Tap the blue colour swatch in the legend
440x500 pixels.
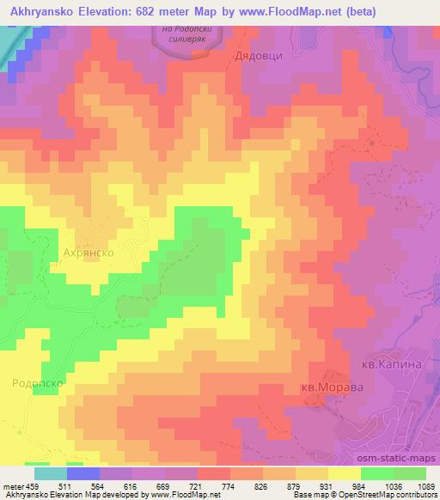83,473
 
